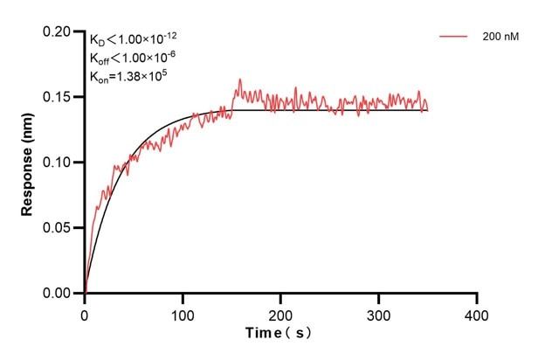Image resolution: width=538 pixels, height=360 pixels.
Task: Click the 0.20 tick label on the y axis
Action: [x=58, y=31]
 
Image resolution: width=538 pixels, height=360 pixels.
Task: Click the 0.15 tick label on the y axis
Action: [x=58, y=97]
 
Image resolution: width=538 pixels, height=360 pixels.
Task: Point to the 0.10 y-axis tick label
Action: [x=58, y=163]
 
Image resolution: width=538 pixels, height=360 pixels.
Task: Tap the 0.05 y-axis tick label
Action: [x=58, y=228]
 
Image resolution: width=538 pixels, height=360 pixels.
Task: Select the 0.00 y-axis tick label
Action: [x=58, y=294]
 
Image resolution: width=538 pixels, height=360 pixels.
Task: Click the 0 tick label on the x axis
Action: [x=85, y=313]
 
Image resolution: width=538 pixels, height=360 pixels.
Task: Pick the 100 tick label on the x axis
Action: [x=183, y=313]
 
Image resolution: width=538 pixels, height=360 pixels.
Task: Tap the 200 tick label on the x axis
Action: [x=280, y=313]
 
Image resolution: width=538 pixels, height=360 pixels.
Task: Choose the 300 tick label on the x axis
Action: [x=378, y=313]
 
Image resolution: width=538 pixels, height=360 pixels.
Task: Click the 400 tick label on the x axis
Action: [x=476, y=313]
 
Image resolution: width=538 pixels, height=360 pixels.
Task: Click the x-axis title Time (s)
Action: [x=279, y=333]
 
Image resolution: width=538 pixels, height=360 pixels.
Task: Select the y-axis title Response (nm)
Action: [x=28, y=163]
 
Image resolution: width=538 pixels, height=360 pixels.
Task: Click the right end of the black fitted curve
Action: [x=428, y=110]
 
